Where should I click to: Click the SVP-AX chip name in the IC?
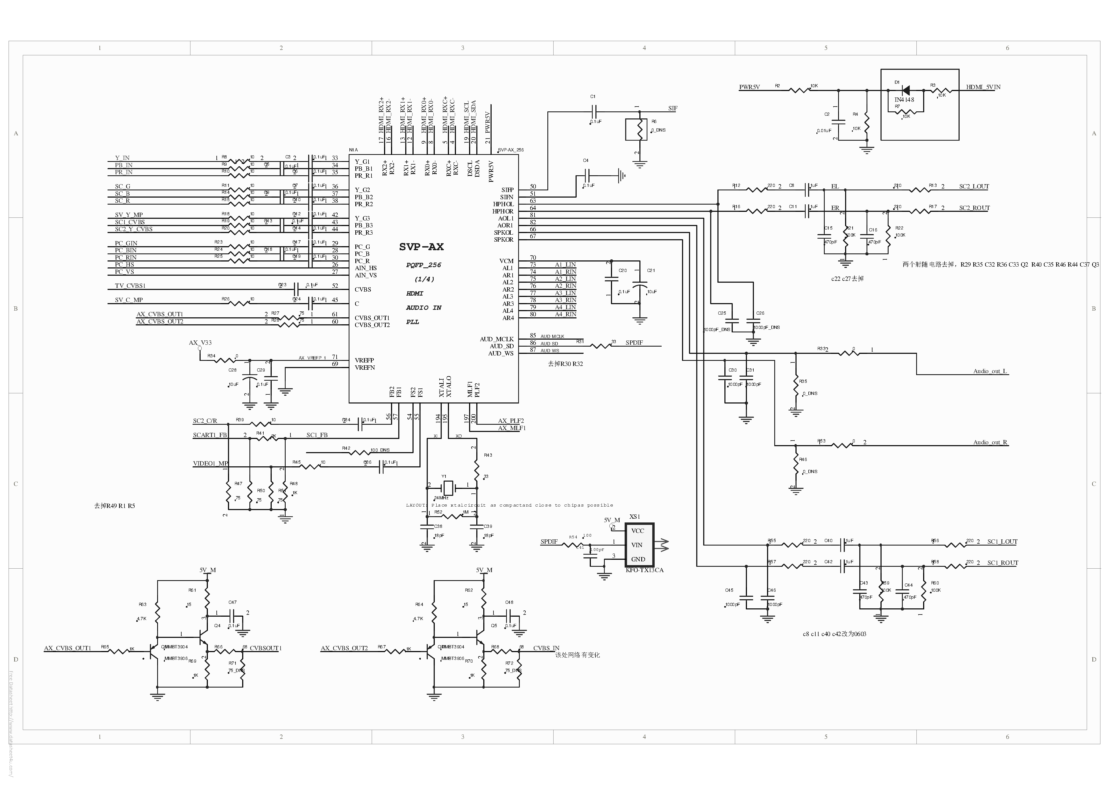[x=421, y=246]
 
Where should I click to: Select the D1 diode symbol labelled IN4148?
[x=905, y=90]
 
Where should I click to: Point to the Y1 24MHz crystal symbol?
[x=448, y=486]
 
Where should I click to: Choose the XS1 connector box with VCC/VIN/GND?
[x=639, y=545]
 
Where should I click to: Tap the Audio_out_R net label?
[x=990, y=442]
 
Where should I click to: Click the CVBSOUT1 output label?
[x=265, y=648]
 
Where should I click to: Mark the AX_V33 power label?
[x=200, y=343]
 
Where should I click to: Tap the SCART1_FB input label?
[x=210, y=435]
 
